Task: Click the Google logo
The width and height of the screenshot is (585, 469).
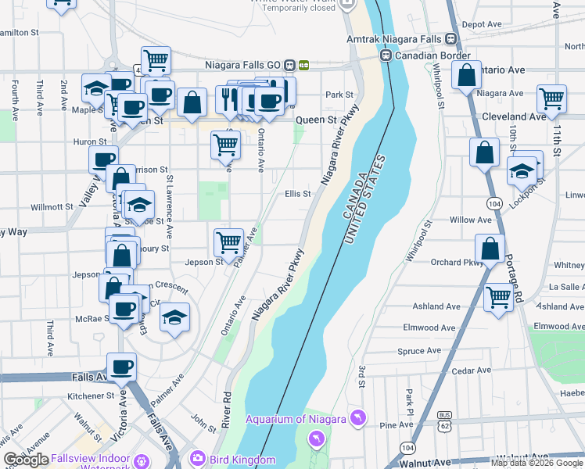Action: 26,460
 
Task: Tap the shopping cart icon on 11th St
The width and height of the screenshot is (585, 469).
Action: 551,98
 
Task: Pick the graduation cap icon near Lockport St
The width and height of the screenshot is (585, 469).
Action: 522,169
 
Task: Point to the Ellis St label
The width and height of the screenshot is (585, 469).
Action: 297,194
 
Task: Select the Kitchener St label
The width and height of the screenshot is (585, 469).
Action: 91,396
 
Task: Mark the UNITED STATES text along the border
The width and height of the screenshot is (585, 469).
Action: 364,199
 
